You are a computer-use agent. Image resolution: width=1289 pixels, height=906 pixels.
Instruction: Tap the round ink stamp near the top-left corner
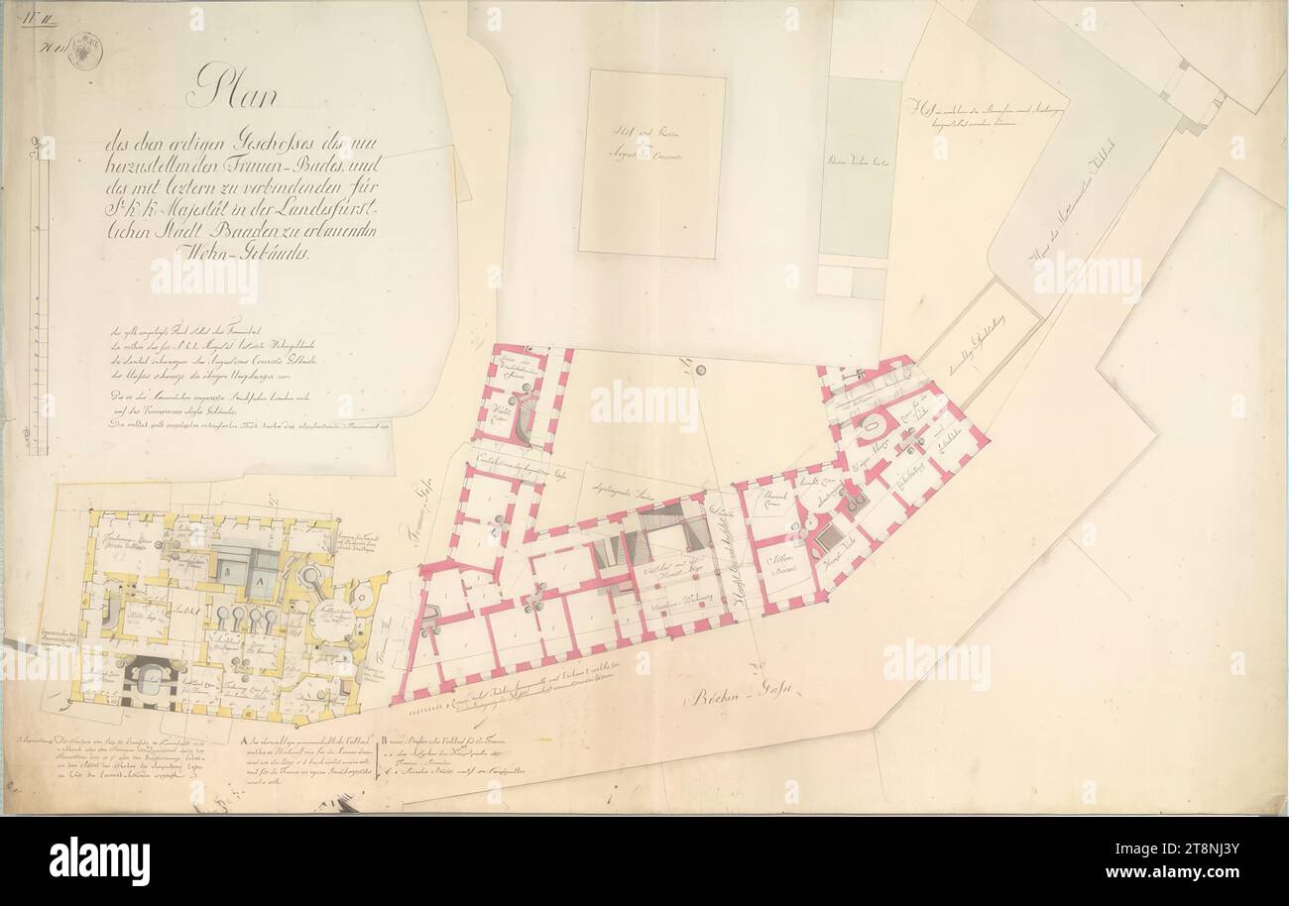point(84,52)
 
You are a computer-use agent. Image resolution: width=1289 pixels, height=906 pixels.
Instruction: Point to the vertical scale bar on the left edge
point(39,297)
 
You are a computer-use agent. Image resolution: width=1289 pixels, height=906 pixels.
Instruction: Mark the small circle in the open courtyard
point(700,371)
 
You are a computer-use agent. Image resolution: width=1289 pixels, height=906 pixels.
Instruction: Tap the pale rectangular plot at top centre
point(651,163)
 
